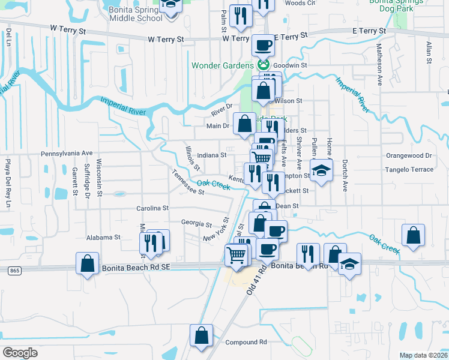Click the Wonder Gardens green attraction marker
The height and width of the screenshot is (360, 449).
pos(263,65)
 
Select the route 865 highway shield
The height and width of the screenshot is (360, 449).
pos(14,271)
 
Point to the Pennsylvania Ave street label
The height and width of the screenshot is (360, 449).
pos(67,154)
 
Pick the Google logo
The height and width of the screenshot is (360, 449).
pos(20,352)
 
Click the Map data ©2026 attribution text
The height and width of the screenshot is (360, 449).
pos(423,355)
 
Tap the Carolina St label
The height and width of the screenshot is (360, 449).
pos(152,208)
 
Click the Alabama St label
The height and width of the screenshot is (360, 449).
pos(104,238)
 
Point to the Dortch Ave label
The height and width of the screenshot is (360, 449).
pos(345,175)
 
